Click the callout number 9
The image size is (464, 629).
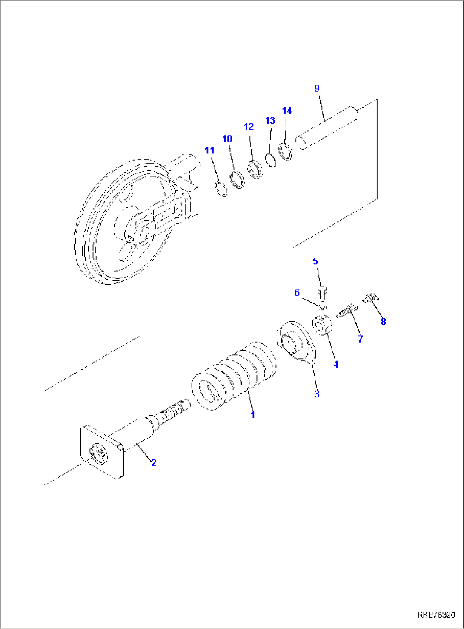(317, 88)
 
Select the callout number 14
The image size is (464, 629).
(287, 110)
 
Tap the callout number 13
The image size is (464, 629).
(270, 121)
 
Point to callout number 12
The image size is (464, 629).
(249, 127)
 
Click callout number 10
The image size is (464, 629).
(227, 139)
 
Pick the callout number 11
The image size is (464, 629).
(209, 150)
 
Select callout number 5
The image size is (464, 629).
(315, 261)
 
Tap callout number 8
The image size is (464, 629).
(383, 321)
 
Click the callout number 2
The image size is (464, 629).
(154, 462)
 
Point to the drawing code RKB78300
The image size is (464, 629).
(436, 615)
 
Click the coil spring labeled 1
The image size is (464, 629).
(233, 376)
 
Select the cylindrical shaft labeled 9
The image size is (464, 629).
(328, 127)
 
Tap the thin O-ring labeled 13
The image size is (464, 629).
(270, 161)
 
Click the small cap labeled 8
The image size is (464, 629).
(371, 297)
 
